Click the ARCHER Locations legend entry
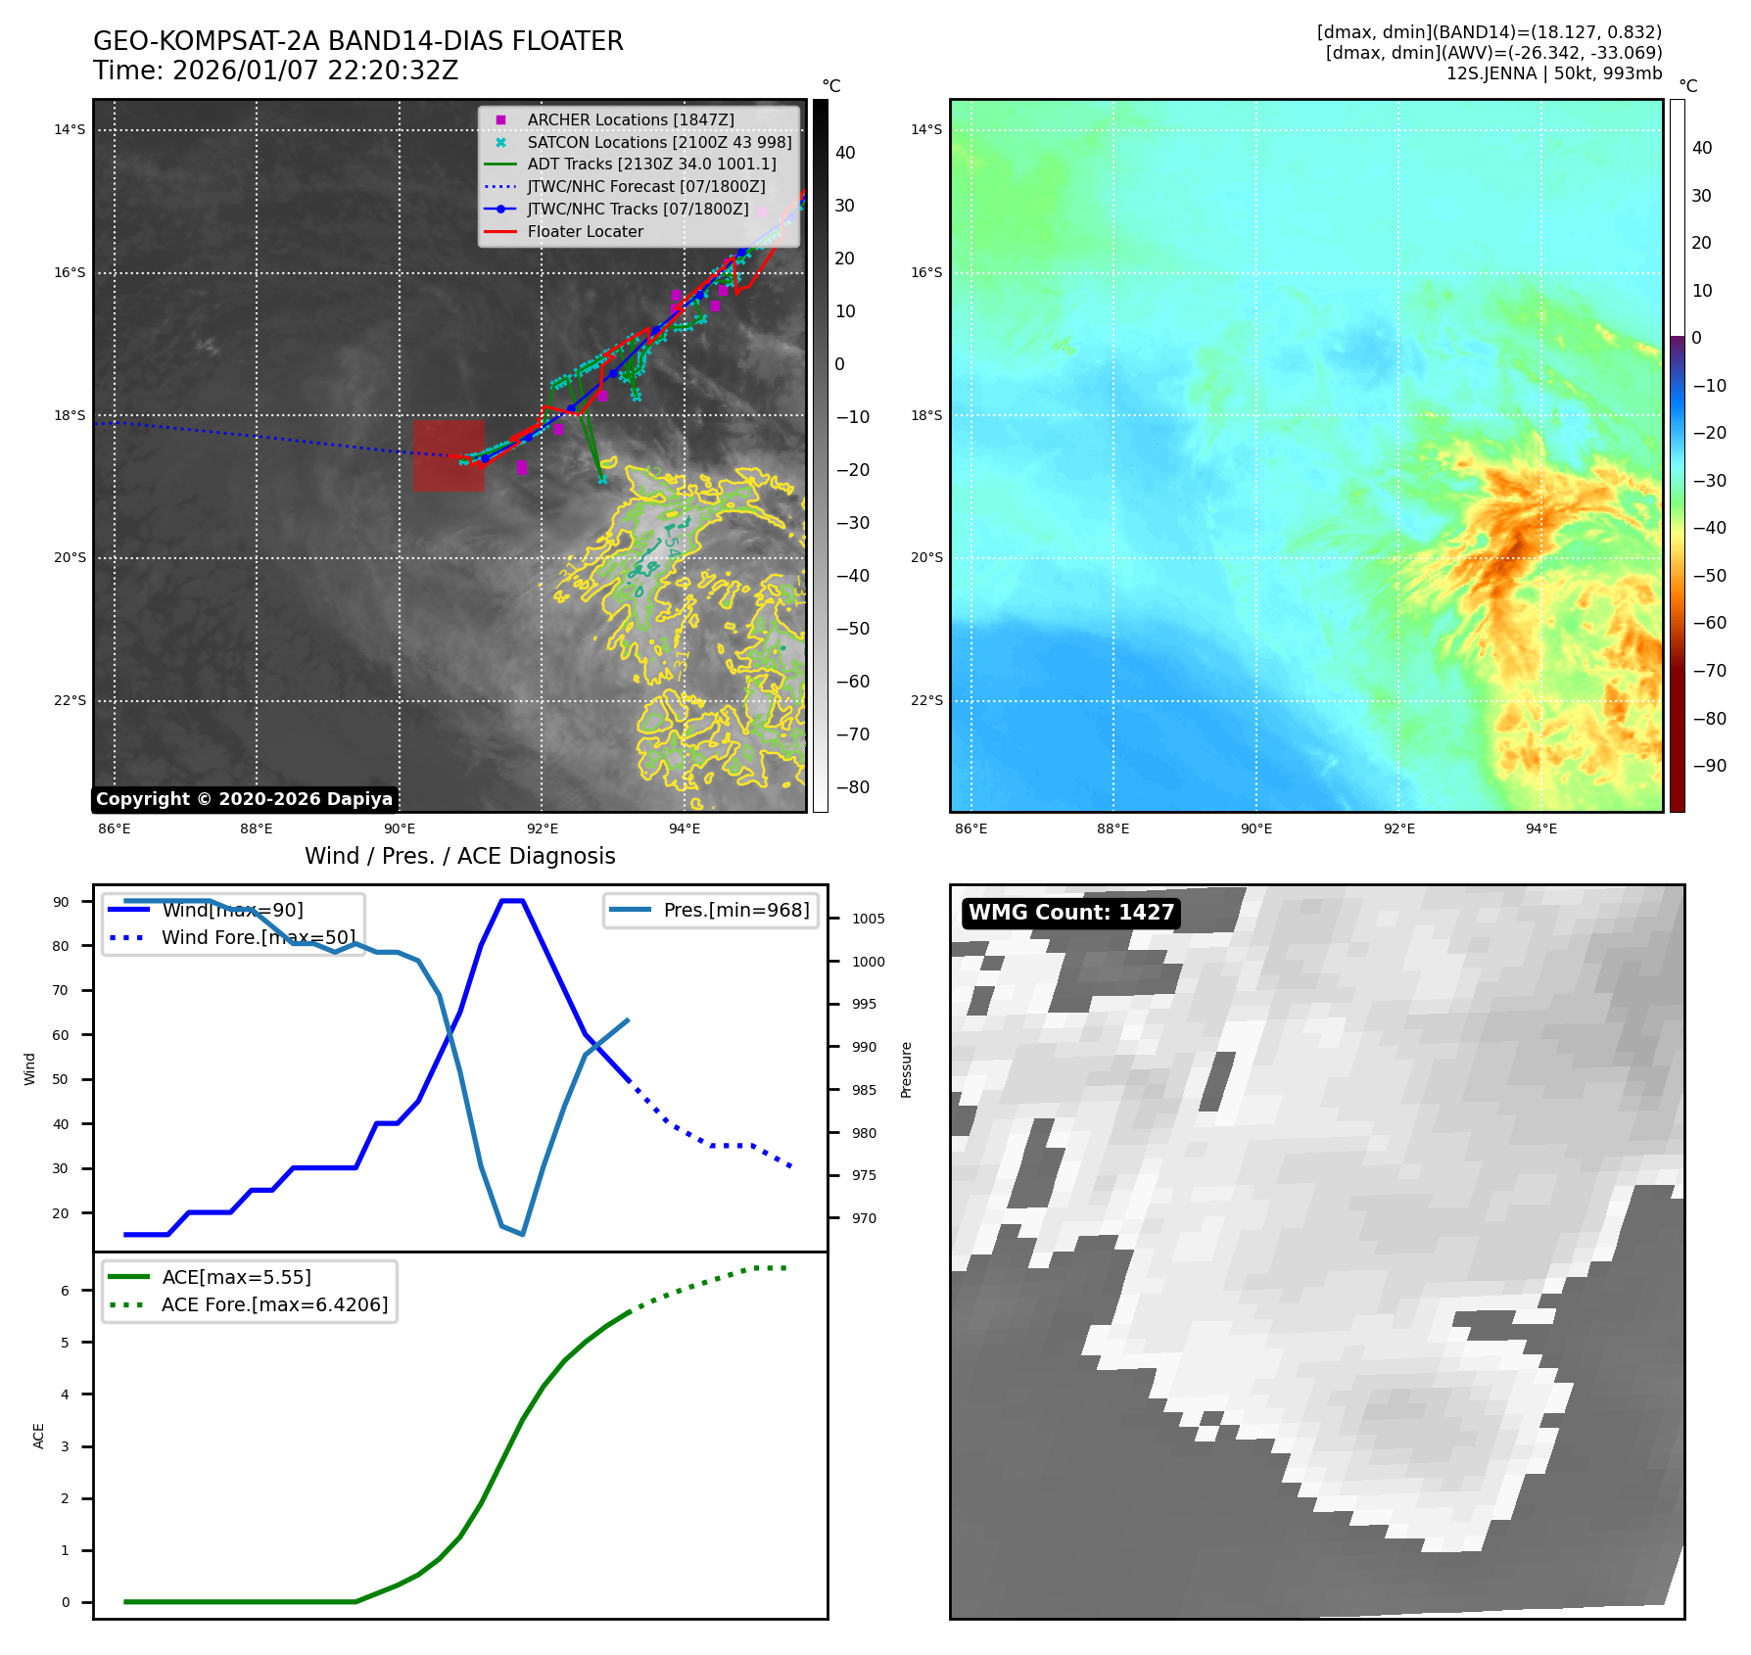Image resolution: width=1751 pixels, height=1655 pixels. click(x=630, y=119)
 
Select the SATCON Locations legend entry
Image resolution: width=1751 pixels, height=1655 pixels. click(x=658, y=142)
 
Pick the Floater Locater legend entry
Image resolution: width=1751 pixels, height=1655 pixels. click(x=585, y=232)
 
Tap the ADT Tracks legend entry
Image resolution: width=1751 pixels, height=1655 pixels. click(x=651, y=165)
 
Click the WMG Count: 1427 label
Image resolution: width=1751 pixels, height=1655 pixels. click(x=1070, y=913)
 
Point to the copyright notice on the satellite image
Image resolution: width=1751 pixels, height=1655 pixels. click(x=244, y=799)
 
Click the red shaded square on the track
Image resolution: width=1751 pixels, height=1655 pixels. click(x=449, y=455)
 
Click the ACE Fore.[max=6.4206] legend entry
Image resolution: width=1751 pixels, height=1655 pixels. click(x=274, y=1304)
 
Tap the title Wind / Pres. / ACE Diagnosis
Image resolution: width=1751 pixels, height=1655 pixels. click(x=459, y=857)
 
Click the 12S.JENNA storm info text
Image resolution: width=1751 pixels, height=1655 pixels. click(x=1553, y=73)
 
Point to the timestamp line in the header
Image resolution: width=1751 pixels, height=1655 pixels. click(x=275, y=71)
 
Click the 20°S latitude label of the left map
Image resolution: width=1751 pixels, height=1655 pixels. click(x=70, y=558)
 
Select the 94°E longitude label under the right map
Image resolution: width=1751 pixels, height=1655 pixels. click(x=1540, y=828)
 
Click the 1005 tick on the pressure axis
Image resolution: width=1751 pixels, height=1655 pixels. click(x=868, y=919)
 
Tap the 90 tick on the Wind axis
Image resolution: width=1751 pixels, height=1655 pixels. click(x=61, y=902)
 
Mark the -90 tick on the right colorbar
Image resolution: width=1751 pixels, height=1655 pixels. click(x=1710, y=766)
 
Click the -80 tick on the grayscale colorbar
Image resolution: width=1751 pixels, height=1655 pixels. click(x=852, y=787)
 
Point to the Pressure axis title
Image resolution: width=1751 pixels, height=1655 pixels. click(x=906, y=1069)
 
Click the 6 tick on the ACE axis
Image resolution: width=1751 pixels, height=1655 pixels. click(x=65, y=1291)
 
